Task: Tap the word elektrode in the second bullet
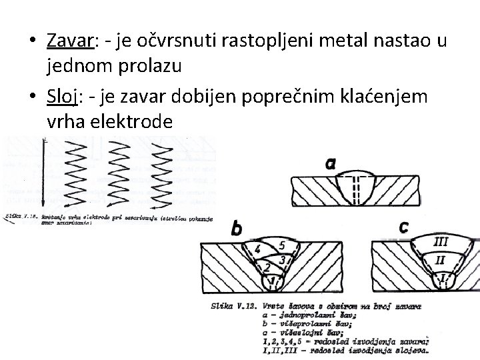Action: [x=133, y=122]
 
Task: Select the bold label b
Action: [x=236, y=229]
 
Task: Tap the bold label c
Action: [x=403, y=227]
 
